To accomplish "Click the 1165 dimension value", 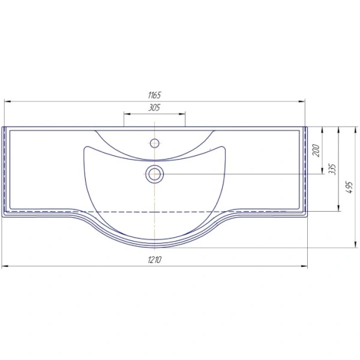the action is point(155,95).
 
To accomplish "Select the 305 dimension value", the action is point(154,107).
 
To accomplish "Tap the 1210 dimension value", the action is point(155,260).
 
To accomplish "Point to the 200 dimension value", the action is point(316,151).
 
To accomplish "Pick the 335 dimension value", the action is point(332,169).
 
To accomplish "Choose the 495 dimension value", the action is point(349,187).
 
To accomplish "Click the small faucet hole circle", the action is point(155,143).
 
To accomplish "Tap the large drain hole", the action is point(155,174).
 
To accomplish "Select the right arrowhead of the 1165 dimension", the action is point(302,101).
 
